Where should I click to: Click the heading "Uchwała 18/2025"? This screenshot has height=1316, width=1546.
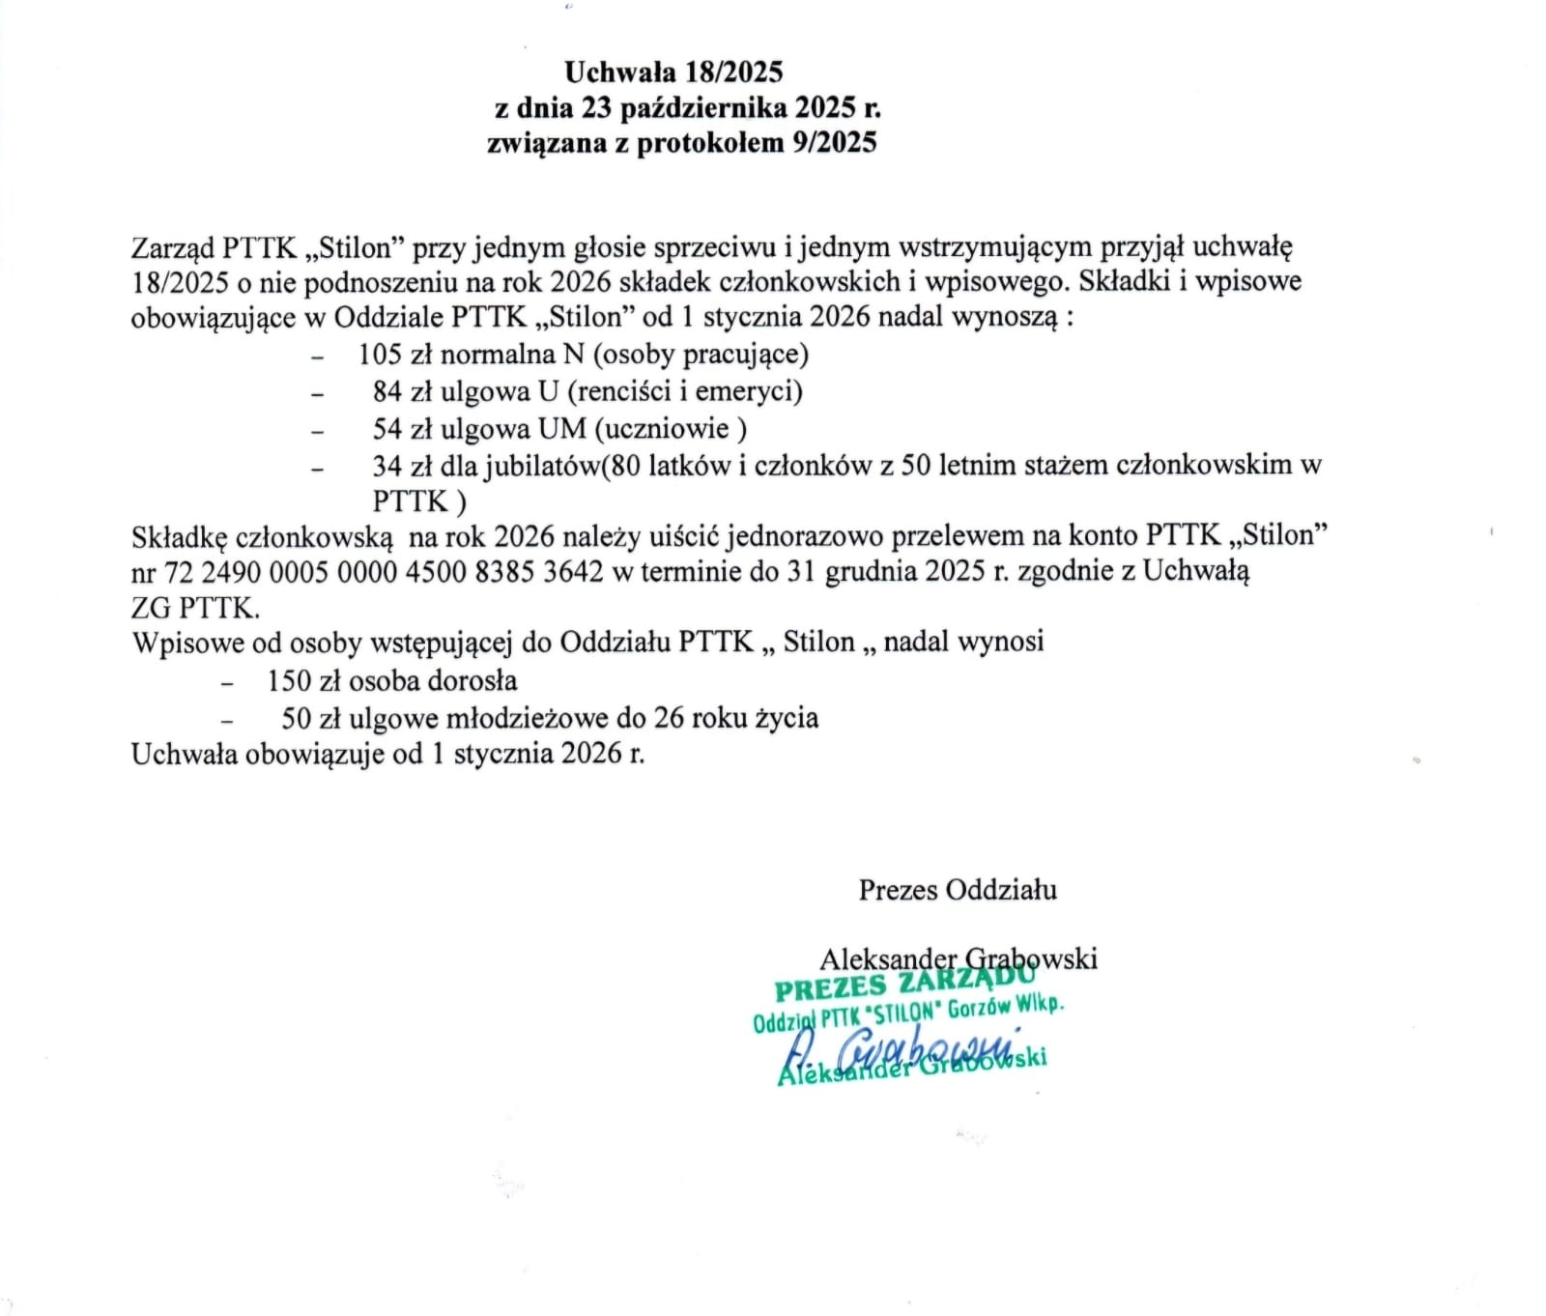tap(673, 72)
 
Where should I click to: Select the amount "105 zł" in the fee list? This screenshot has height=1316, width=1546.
tap(394, 355)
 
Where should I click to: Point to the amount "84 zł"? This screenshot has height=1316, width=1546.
tap(403, 391)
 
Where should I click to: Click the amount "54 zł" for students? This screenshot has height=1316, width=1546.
tap(403, 428)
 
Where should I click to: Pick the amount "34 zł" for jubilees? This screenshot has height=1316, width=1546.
tap(403, 466)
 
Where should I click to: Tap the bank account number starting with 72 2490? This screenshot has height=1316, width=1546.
tap(384, 572)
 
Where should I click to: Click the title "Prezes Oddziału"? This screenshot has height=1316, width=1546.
tap(958, 890)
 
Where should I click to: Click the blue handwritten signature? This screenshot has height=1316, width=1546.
tap(899, 1049)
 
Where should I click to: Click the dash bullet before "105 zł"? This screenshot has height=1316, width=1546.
tap(317, 357)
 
